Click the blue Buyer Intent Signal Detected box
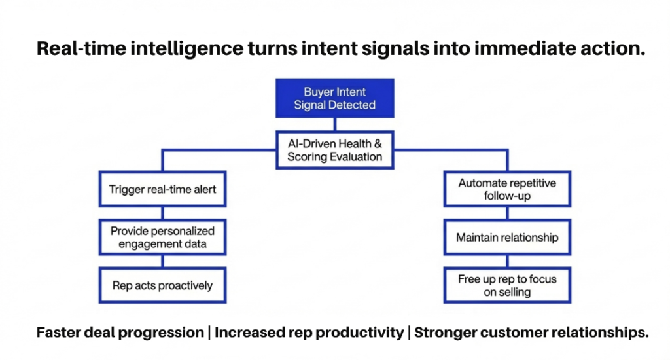334,98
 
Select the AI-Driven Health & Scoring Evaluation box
334,150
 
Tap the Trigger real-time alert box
162,190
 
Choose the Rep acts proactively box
162,285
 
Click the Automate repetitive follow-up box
507,189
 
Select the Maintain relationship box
507,237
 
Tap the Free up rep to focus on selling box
507,285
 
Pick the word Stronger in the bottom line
446,333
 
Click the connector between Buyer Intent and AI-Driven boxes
334,124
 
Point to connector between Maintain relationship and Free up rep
507,260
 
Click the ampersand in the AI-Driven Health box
378,143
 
